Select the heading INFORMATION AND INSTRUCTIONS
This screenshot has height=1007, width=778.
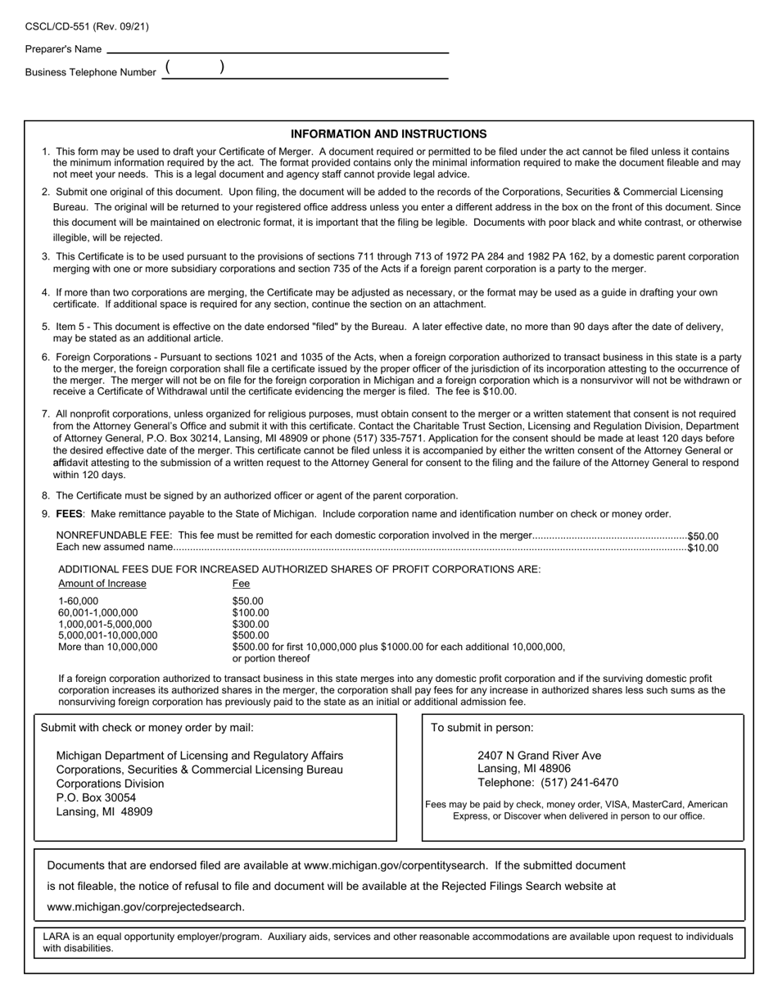[388, 134]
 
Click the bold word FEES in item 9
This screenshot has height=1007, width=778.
[68, 514]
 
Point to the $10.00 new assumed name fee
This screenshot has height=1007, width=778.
[703, 548]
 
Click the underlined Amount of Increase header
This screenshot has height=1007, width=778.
[102, 584]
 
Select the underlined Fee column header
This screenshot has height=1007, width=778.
[241, 584]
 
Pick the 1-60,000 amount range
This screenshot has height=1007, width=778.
[78, 601]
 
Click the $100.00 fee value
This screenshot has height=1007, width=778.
[251, 612]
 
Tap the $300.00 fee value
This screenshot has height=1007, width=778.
[251, 624]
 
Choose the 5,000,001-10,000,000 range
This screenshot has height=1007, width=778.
[108, 635]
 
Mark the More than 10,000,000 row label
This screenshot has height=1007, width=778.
[108, 647]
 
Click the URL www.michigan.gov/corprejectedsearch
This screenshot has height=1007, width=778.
[146, 906]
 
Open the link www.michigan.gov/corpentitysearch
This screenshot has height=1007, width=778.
[396, 865]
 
